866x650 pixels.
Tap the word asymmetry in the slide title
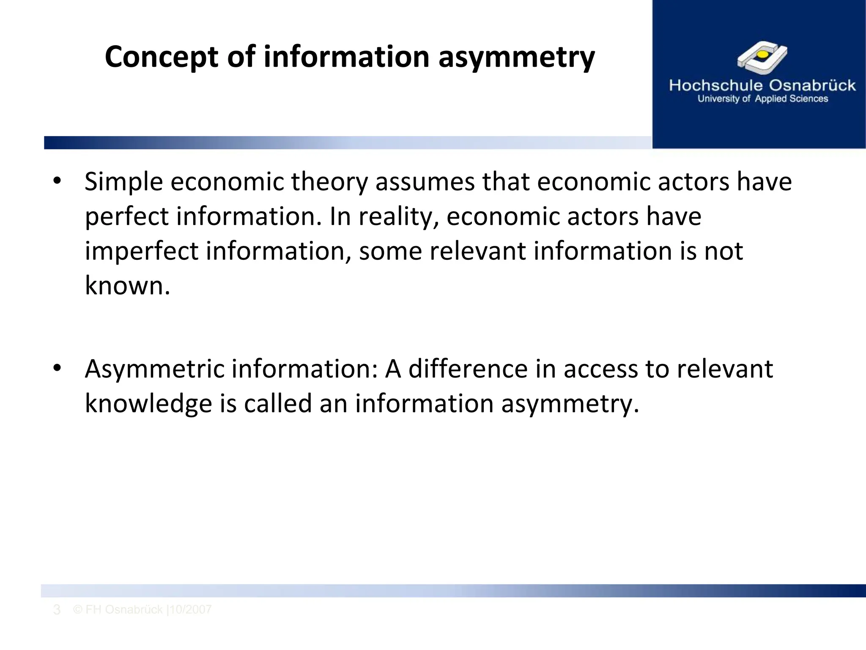[516, 57]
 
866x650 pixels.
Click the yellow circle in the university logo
[762, 55]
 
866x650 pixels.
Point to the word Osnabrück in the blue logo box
[812, 85]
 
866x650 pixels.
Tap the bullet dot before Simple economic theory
[58, 182]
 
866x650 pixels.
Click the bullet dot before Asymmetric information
[58, 369]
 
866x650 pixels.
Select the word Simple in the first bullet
[124, 182]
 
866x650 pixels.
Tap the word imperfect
[142, 251]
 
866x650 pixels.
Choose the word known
[127, 286]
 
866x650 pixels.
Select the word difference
[468, 369]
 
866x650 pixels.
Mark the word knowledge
[148, 404]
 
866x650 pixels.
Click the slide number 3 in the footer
[57, 610]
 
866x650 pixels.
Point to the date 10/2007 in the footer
[191, 610]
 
